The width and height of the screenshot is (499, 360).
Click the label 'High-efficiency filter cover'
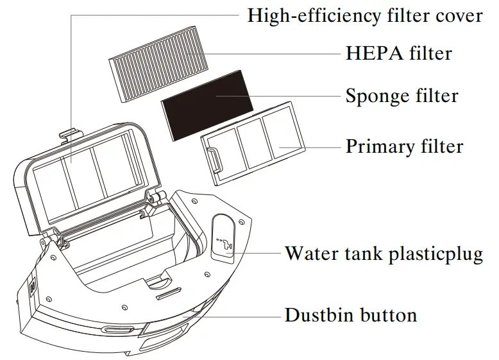365,15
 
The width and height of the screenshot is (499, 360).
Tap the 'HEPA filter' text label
398,53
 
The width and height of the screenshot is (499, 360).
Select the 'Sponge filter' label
402,96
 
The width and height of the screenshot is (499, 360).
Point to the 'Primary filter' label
404,146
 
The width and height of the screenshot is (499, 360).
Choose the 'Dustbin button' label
351,315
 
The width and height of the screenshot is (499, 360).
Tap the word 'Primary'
376,146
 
